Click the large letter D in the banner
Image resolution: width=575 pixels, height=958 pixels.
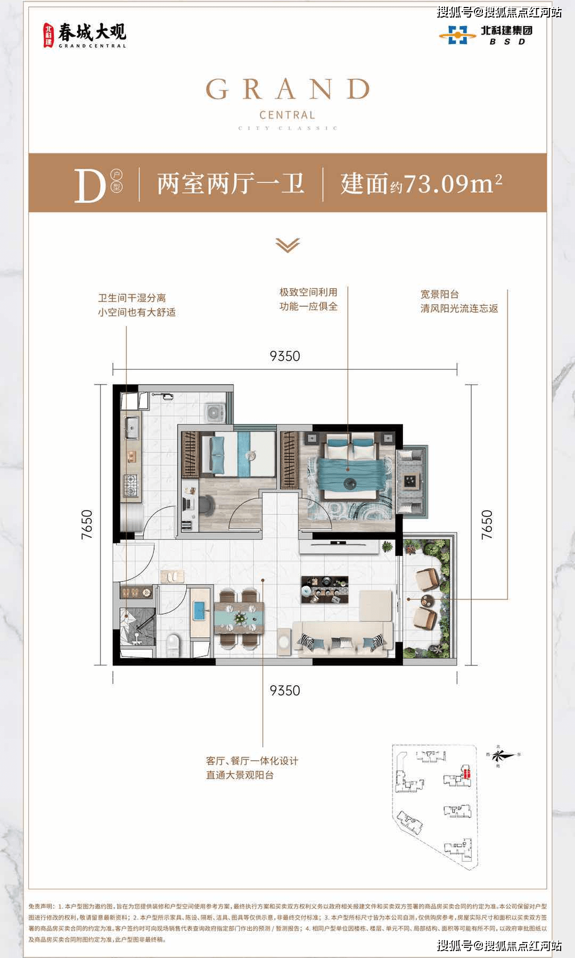click(89, 186)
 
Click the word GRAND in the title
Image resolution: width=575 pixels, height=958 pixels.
click(287, 89)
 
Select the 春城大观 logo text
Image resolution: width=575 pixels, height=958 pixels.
click(92, 33)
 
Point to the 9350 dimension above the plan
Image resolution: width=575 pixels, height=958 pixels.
click(285, 356)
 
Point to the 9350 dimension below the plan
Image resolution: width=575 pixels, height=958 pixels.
click(285, 690)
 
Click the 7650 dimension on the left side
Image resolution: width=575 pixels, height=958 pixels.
click(87, 524)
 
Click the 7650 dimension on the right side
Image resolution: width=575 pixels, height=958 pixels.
click(487, 524)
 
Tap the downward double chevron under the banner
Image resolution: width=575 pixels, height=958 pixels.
click(287, 245)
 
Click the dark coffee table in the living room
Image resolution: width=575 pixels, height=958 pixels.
click(324, 589)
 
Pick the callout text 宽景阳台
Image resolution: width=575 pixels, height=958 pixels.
click(440, 294)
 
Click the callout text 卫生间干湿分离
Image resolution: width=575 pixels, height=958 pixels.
click(132, 298)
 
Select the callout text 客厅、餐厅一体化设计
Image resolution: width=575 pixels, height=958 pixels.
click(252, 761)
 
